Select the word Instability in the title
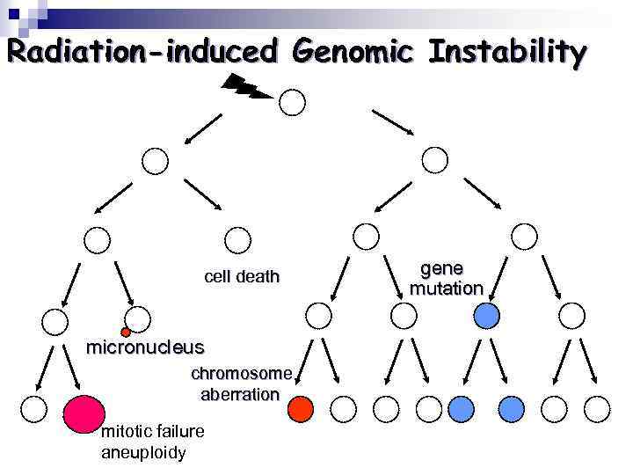506,52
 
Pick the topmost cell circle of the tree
293,103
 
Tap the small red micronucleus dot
126,332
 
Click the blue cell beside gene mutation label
486,314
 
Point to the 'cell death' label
242,277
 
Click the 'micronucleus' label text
144,347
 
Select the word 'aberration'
240,394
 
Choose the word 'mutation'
447,288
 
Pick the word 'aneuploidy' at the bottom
143,453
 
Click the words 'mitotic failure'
153,431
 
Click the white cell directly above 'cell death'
237,238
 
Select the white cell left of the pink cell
33,408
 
